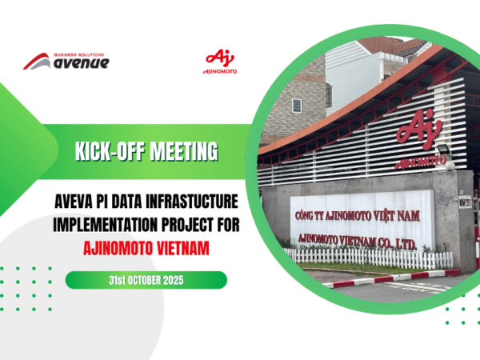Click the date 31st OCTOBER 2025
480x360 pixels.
pos(146,280)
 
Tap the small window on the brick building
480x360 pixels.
pos(297,105)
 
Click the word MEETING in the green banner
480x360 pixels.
pos(178,150)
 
